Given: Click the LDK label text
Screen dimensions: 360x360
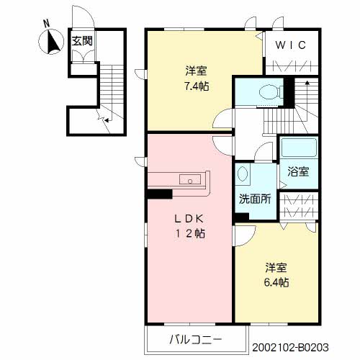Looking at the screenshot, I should [x=191, y=218].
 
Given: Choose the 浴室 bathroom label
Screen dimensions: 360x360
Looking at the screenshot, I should [x=298, y=171].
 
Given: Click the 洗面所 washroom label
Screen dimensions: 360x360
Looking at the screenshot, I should [x=255, y=199].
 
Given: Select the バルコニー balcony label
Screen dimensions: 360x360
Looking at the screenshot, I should [x=192, y=338].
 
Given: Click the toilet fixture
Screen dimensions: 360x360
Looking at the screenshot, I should [x=266, y=92].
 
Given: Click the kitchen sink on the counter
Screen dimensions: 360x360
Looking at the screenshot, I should [x=192, y=180].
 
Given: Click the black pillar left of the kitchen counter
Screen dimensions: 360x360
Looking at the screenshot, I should [x=158, y=193].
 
